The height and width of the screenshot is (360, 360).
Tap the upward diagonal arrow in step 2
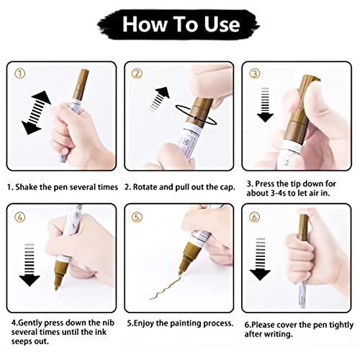pos(162,98)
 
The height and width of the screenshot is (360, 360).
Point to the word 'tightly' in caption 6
pos(329,323)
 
